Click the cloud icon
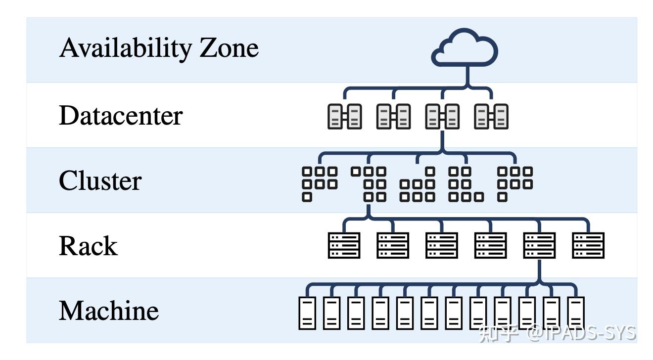click(x=465, y=47)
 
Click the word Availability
click(x=126, y=48)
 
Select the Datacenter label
click(x=121, y=115)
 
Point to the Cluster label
click(x=100, y=180)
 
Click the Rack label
click(x=89, y=246)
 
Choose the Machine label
click(x=109, y=311)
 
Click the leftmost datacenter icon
click(x=345, y=116)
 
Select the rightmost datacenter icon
click(x=491, y=116)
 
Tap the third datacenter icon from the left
click(x=442, y=116)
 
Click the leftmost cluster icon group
click(x=320, y=184)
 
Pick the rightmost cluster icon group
click(x=515, y=184)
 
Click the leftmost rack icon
click(x=344, y=245)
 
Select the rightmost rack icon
click(x=588, y=245)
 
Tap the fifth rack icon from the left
click(x=539, y=245)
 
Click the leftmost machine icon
click(x=307, y=313)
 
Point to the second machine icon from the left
click(x=332, y=313)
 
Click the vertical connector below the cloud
click(x=467, y=76)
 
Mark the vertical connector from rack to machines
click(x=539, y=271)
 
